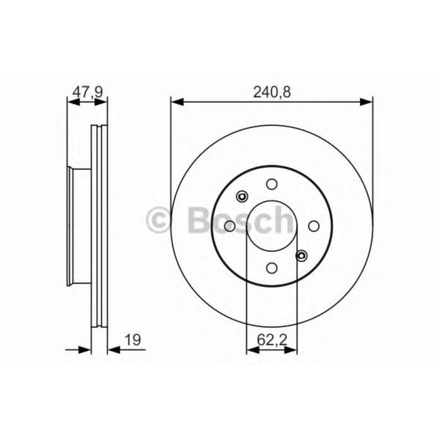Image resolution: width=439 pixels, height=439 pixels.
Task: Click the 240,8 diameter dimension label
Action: click(272, 91)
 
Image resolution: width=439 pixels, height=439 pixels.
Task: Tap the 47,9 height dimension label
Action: click(87, 91)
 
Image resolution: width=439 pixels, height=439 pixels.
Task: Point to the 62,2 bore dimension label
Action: click(271, 341)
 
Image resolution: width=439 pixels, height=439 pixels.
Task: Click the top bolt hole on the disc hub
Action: click(272, 184)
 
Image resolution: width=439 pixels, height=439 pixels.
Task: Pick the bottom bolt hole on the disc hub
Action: click(272, 268)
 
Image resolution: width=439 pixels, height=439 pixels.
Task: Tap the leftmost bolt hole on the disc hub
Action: click(230, 226)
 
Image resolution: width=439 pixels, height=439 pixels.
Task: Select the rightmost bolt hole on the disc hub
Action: click(314, 226)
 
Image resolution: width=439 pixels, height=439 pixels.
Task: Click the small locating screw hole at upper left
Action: click(241, 197)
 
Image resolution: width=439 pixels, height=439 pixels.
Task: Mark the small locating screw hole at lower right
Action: click(302, 255)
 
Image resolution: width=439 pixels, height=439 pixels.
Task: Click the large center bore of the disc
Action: click(272, 226)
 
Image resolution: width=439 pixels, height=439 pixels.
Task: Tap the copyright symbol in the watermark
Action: click(157, 219)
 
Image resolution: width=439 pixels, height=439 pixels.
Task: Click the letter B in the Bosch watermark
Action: click(197, 219)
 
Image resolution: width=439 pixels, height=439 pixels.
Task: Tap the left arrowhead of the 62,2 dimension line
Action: click(250, 349)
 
